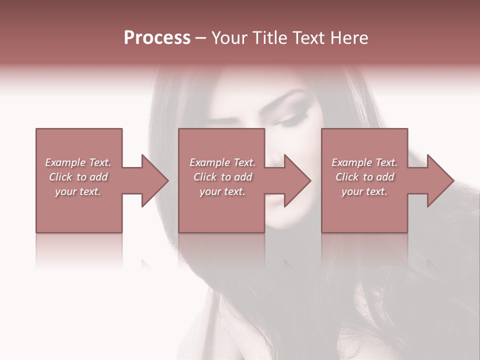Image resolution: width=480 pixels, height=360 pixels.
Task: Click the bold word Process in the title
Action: click(x=157, y=38)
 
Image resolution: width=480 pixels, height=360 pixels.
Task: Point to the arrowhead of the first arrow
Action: click(x=155, y=180)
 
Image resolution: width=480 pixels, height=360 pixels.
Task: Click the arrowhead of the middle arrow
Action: click(x=298, y=180)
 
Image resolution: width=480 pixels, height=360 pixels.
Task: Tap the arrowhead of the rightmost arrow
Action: click(x=440, y=180)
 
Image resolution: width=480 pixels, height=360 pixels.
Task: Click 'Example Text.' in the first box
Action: click(x=78, y=162)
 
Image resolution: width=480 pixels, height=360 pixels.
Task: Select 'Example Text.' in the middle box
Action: click(x=222, y=162)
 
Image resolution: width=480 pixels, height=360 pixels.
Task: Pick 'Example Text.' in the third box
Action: click(x=364, y=162)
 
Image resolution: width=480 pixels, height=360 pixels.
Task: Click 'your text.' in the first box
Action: click(x=78, y=191)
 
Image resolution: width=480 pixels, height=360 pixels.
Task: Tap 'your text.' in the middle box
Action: click(x=222, y=191)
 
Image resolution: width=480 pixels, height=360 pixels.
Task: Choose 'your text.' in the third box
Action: click(x=364, y=191)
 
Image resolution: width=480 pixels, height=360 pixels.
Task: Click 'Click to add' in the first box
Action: click(x=78, y=177)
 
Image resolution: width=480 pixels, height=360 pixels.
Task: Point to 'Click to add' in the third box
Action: click(x=364, y=177)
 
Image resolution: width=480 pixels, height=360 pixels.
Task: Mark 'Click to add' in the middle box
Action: click(x=222, y=177)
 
